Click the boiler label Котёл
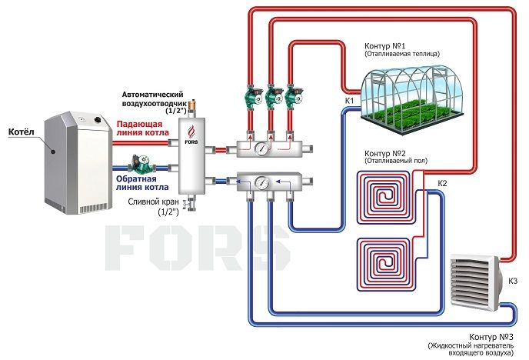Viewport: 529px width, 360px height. pos(22,132)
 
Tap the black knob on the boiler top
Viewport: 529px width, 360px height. pos(98,119)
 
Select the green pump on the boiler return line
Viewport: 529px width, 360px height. pos(141,163)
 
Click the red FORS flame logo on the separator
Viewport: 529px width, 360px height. pos(191,131)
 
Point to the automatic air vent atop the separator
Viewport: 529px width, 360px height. pos(193,107)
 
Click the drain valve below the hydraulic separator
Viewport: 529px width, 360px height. pos(190,203)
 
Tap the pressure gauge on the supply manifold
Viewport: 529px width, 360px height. pos(261,148)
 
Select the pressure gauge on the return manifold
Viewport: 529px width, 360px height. pos(261,182)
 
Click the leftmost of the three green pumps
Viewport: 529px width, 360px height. pos(254,96)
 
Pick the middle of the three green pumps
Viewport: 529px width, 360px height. pos(273,96)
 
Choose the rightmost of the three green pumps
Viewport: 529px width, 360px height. pos(293,96)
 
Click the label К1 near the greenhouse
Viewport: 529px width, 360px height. pos(349,101)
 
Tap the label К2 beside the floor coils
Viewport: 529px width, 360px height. pos(442,184)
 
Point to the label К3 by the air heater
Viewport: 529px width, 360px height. pos(512,281)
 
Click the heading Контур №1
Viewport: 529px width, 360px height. pos(384,46)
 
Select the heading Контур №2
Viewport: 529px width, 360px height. pos(385,153)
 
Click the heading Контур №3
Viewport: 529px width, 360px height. pos(491,337)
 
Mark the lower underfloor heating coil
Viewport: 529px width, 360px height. pos(384,264)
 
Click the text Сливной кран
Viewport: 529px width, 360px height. pos(153,202)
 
